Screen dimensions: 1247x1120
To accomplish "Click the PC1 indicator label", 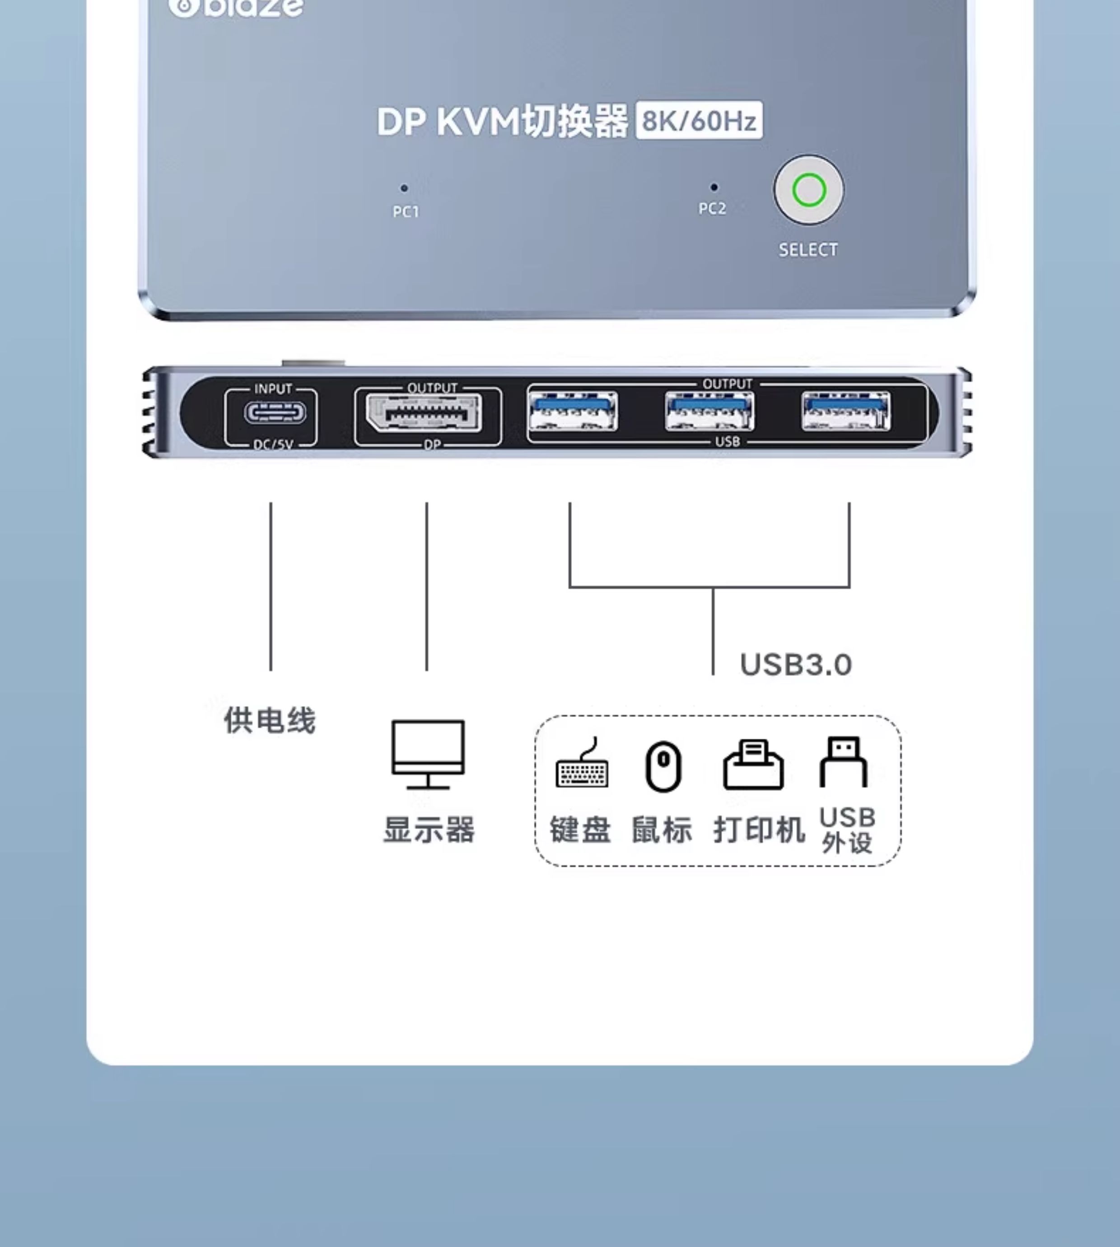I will click(x=406, y=212).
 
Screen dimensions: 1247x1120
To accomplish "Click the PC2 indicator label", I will click(x=712, y=209).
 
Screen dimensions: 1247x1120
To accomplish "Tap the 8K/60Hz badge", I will click(x=699, y=121).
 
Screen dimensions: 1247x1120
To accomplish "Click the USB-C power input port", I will click(x=275, y=413).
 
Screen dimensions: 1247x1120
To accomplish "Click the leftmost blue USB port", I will click(x=573, y=411).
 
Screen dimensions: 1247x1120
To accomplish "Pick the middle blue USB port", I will click(x=709, y=411).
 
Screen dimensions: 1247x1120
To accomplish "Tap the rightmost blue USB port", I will click(x=845, y=411).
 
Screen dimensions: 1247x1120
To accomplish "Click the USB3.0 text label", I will click(x=796, y=665).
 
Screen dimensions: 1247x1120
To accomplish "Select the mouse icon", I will click(x=663, y=766).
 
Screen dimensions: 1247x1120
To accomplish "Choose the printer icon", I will click(x=753, y=764).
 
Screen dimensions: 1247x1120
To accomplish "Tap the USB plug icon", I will click(x=843, y=762).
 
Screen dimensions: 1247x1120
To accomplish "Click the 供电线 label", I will click(x=270, y=720).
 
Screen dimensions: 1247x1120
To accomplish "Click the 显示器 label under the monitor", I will click(x=429, y=830).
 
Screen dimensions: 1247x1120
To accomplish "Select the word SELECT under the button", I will click(x=808, y=250).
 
